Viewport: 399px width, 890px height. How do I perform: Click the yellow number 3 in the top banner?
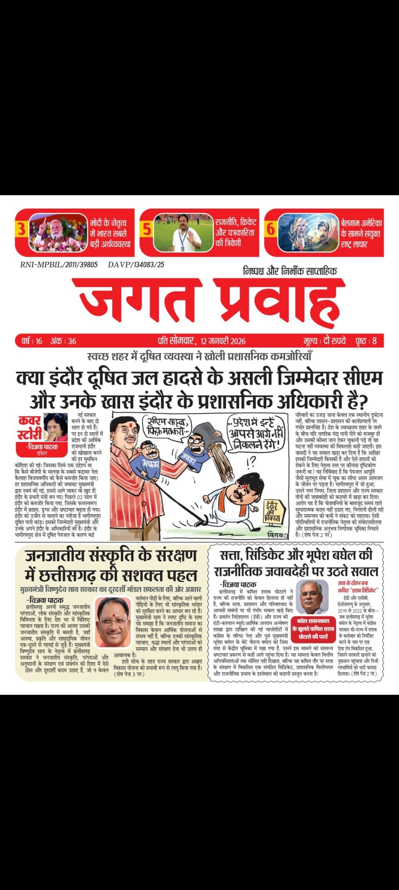pyautogui.click(x=21, y=229)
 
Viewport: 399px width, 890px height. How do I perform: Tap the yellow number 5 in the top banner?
pyautogui.click(x=147, y=229)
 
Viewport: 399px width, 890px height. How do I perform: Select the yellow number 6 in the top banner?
pyautogui.click(x=271, y=229)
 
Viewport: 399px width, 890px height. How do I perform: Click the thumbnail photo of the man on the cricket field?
pyautogui.click(x=183, y=232)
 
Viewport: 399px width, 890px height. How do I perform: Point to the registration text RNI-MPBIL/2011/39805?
pyautogui.click(x=59, y=265)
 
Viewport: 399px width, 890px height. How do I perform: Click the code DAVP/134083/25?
pyautogui.click(x=136, y=265)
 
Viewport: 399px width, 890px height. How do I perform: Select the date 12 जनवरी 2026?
pyautogui.click(x=223, y=341)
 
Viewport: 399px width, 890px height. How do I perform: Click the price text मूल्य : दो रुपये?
pyautogui.click(x=325, y=341)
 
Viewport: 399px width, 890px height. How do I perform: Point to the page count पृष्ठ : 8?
pyautogui.click(x=366, y=341)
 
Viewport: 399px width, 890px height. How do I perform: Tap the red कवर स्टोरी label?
pyautogui.click(x=30, y=428)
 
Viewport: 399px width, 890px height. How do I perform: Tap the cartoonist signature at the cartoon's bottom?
pyautogui.click(x=277, y=535)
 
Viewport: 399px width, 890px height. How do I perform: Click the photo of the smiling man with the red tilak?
pyautogui.click(x=113, y=622)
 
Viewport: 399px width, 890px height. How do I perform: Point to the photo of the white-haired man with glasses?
pyautogui.click(x=312, y=597)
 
